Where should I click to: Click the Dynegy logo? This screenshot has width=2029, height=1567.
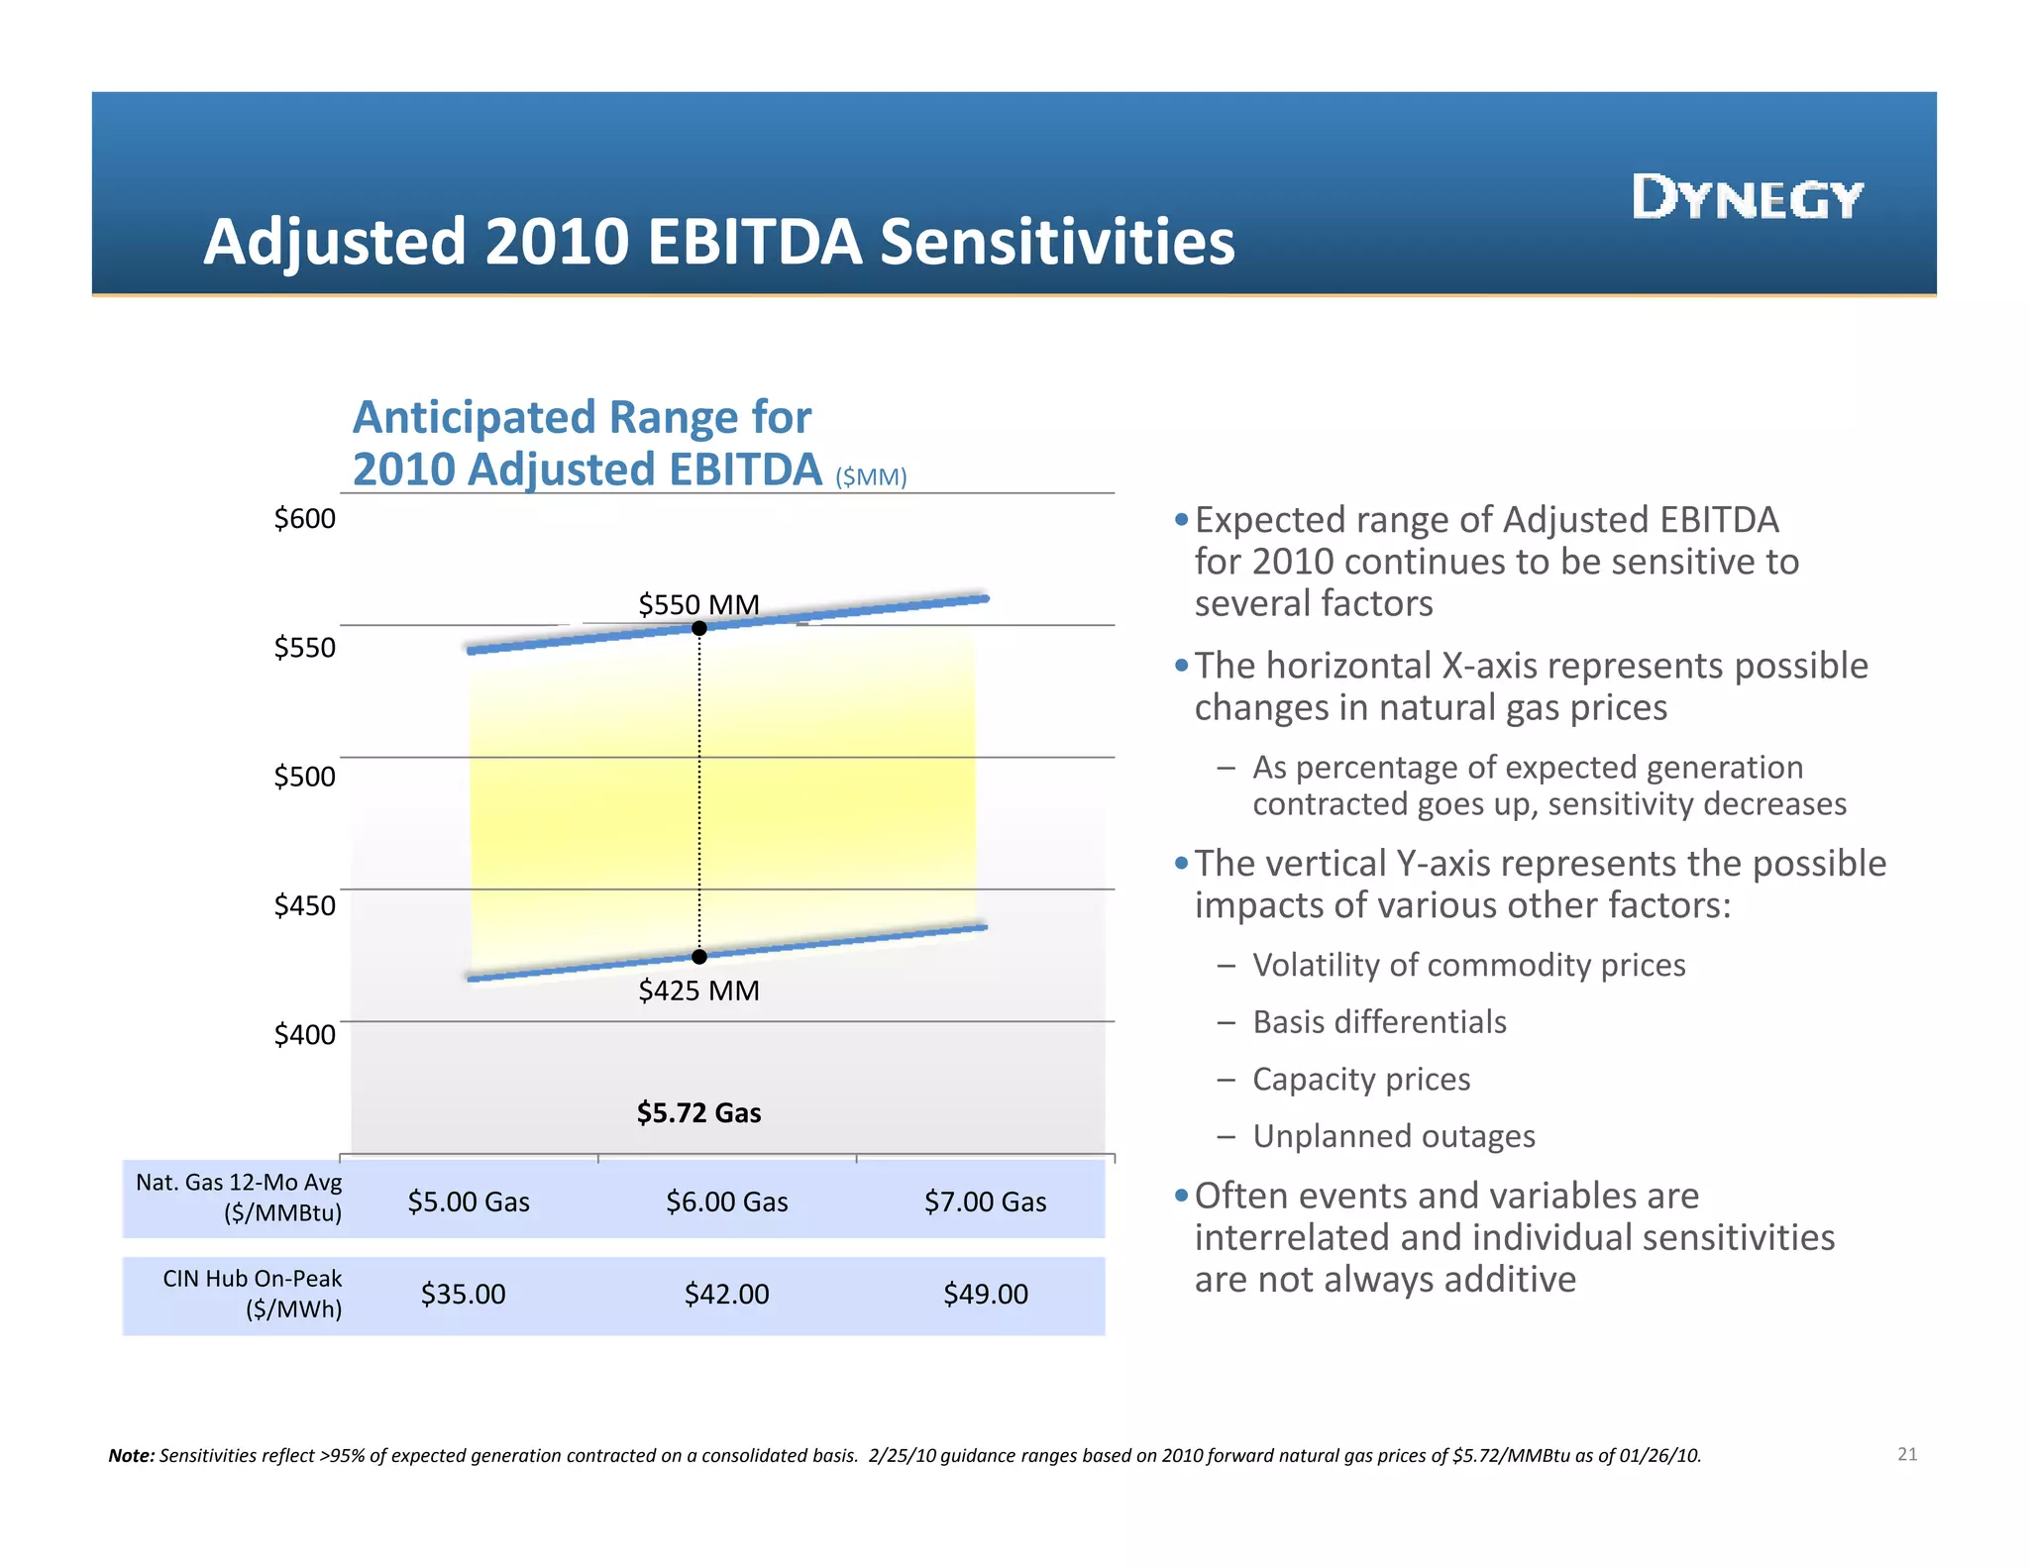click(1748, 197)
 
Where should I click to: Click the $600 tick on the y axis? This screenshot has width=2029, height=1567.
click(304, 518)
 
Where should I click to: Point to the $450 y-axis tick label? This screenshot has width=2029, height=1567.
click(304, 904)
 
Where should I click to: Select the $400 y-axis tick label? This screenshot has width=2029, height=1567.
click(304, 1034)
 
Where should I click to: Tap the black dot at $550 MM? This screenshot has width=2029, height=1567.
click(699, 628)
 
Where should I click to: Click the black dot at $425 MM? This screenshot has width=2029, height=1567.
click(699, 956)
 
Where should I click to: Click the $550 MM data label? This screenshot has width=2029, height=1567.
click(698, 603)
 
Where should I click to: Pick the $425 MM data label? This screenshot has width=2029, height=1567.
click(698, 990)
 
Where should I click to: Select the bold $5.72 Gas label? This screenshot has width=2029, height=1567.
click(698, 1112)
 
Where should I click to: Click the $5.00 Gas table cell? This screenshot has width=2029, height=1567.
click(469, 1201)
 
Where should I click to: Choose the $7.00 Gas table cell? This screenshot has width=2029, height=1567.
click(985, 1201)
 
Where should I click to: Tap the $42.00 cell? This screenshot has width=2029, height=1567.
click(726, 1294)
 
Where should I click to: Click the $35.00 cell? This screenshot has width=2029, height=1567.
click(463, 1294)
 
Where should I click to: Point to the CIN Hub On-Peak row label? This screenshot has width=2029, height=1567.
click(252, 1294)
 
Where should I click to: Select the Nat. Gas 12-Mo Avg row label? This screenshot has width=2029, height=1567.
click(239, 1197)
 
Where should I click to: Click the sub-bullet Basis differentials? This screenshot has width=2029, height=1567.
click(1379, 1021)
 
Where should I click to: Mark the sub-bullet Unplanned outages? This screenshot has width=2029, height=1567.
click(1393, 1135)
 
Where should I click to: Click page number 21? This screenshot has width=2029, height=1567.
click(1907, 1454)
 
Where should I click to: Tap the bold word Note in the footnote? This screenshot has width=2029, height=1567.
click(131, 1455)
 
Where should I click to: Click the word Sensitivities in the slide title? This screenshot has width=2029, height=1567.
click(1057, 242)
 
